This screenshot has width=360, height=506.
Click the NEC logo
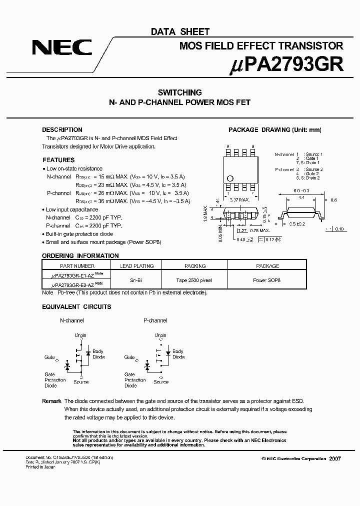62,47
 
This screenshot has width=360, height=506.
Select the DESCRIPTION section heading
62,130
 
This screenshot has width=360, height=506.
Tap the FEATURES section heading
58,160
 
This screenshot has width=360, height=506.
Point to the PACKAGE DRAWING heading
274,130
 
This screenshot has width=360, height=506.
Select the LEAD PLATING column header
137,266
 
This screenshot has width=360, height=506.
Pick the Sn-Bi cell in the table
137,280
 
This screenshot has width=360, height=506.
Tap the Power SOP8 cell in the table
267,280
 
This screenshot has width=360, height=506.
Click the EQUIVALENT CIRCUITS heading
76,306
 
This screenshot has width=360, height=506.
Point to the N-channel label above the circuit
72,320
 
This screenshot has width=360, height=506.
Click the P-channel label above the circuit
155,320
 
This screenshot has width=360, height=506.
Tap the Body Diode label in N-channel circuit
98,354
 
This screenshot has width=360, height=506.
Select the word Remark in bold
51,401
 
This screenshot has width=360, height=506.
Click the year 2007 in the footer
335,458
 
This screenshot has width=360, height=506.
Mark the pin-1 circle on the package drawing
230,178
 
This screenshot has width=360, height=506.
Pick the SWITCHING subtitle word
179,92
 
